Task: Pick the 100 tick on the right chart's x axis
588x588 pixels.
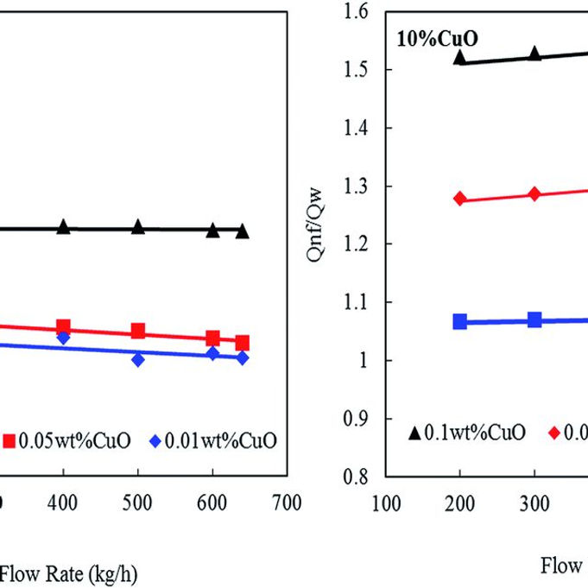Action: point(386,503)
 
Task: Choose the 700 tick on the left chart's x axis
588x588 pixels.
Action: point(286,503)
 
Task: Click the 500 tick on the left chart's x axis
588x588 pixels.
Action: point(138,503)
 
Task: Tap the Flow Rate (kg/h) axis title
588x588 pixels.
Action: point(67,572)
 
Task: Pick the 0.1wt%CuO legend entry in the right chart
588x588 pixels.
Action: point(466,433)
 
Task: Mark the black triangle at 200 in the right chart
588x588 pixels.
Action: point(459,58)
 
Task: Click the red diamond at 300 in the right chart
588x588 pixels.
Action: point(534,193)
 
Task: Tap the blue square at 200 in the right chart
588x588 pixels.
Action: point(460,321)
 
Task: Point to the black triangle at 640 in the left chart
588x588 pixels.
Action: point(242,231)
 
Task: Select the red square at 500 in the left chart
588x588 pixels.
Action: point(138,332)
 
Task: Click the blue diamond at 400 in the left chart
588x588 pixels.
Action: point(63,338)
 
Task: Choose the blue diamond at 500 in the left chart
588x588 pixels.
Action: point(138,359)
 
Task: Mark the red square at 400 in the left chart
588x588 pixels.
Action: point(63,326)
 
